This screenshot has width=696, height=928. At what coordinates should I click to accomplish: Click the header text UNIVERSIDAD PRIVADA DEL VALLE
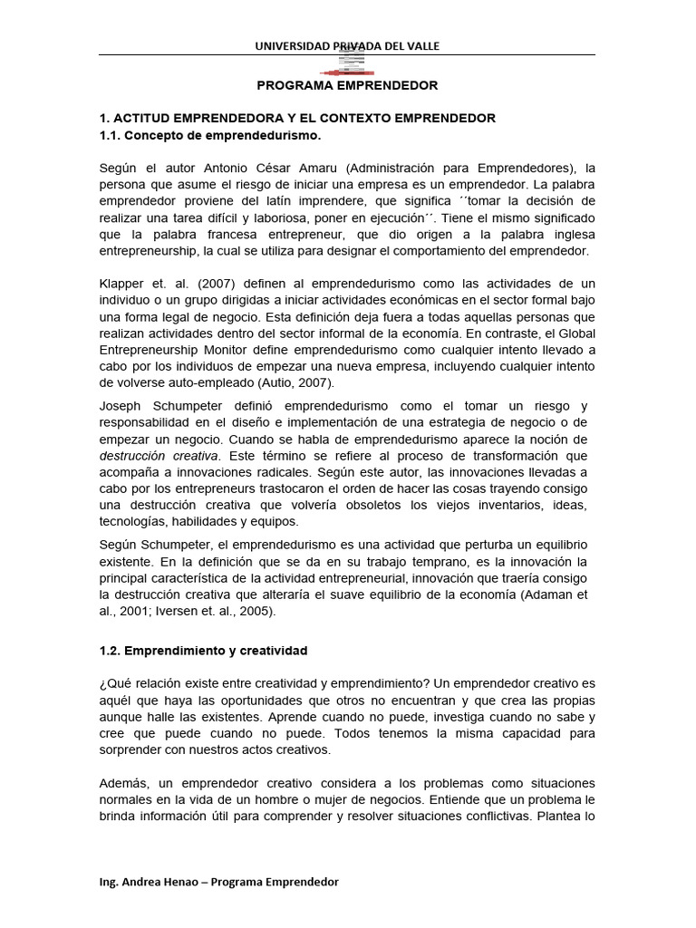tap(347, 46)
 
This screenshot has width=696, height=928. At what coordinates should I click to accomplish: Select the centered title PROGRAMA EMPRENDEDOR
tap(347, 85)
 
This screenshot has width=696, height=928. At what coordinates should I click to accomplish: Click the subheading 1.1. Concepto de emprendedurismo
tap(209, 135)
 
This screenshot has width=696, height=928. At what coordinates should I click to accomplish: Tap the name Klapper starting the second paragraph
tap(121, 284)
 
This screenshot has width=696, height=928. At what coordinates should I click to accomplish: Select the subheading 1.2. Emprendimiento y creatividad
tap(203, 651)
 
